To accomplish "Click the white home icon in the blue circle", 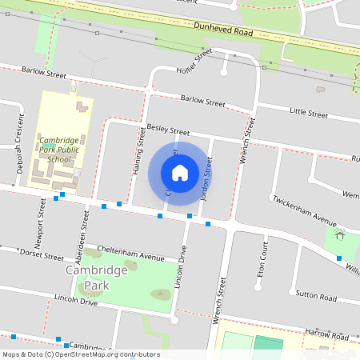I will [180, 173].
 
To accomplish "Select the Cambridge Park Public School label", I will [59, 149].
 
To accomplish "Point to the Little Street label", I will [308, 114].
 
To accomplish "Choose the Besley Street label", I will [168, 130].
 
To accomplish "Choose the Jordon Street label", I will [206, 178].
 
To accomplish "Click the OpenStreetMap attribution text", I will [80, 354].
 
